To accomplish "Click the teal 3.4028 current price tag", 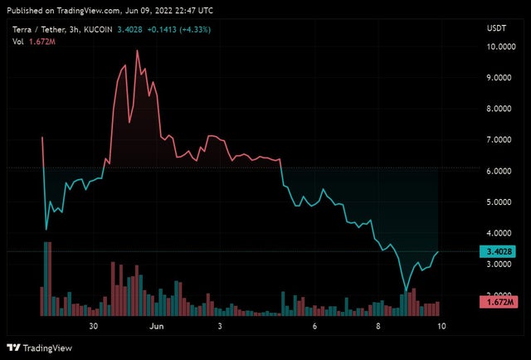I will pos(501,251).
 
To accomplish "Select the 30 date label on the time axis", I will pos(95,327).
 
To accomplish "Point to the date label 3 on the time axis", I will pos(220,327).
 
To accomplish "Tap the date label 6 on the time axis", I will pos(315,327).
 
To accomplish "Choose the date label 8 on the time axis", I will pos(378,327).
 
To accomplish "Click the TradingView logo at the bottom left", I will pos(38,348).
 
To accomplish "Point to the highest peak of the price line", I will pos(137,51).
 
